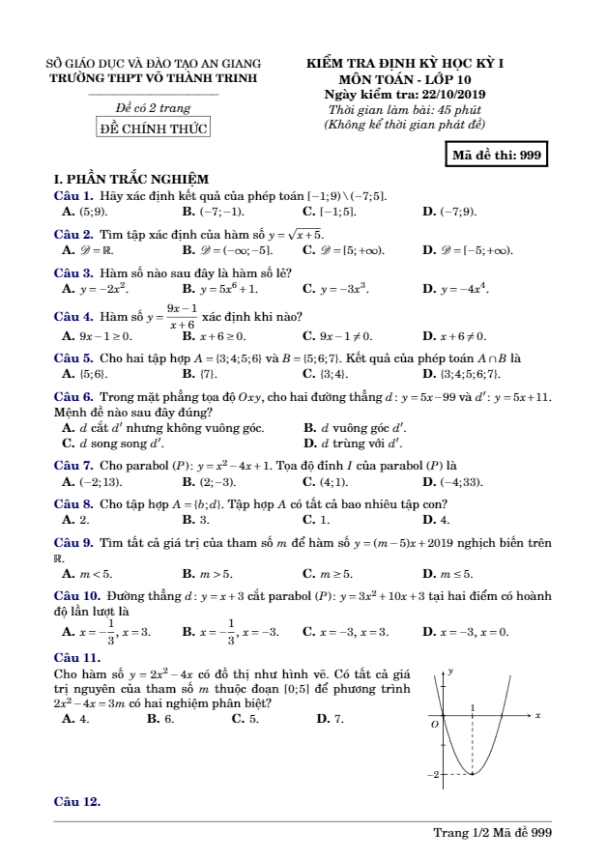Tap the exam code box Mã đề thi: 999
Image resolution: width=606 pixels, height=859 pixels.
point(497,155)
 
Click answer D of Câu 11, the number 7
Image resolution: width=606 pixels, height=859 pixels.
point(338,718)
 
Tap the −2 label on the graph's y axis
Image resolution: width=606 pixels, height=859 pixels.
point(436,775)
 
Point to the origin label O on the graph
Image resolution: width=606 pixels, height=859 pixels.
point(435,723)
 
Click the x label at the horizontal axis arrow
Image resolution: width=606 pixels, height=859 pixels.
point(537,714)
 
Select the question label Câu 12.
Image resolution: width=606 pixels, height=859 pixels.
point(76,801)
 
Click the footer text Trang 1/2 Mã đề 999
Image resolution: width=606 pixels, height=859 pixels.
point(492,832)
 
